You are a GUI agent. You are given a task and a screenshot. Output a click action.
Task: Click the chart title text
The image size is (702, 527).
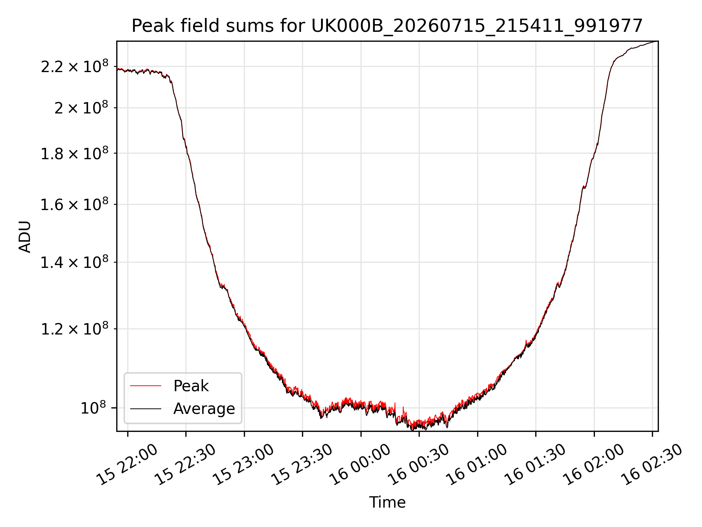tap(387, 26)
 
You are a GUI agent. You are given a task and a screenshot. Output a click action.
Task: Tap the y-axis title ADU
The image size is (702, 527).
tap(25, 237)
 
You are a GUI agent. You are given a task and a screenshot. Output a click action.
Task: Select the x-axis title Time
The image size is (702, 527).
tap(387, 502)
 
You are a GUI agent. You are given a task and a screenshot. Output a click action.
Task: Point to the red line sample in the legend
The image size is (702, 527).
tap(146, 386)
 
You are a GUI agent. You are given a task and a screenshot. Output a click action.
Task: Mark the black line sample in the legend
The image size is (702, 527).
tap(146, 408)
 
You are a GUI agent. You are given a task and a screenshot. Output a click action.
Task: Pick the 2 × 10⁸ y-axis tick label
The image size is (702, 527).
tap(82, 108)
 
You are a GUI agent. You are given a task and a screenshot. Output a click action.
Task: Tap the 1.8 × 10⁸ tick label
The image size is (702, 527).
tap(75, 153)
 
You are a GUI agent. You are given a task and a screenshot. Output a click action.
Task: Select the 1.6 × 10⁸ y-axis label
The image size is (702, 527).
tap(75, 205)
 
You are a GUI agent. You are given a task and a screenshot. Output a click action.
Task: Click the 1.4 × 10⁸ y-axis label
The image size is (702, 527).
tap(75, 262)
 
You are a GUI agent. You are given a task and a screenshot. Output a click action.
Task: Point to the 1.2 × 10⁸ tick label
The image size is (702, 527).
tap(75, 329)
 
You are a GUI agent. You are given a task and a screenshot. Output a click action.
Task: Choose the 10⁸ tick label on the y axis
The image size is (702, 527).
tap(94, 408)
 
